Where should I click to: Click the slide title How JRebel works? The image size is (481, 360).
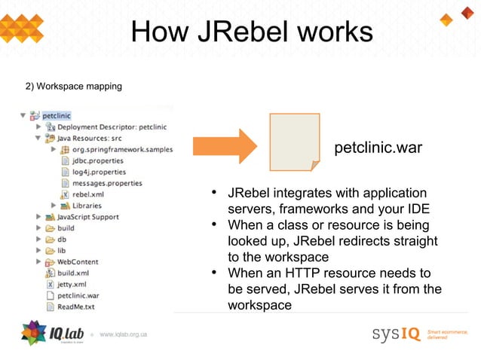coord(251,32)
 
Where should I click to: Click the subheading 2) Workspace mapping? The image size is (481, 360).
coord(74,87)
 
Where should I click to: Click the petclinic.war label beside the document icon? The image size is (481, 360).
coord(378,148)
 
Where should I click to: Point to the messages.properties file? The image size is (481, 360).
coord(107,183)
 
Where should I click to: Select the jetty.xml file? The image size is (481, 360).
coord(72,284)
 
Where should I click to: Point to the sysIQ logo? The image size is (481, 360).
coord(397,333)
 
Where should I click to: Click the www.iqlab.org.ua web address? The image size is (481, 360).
coord(123,334)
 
